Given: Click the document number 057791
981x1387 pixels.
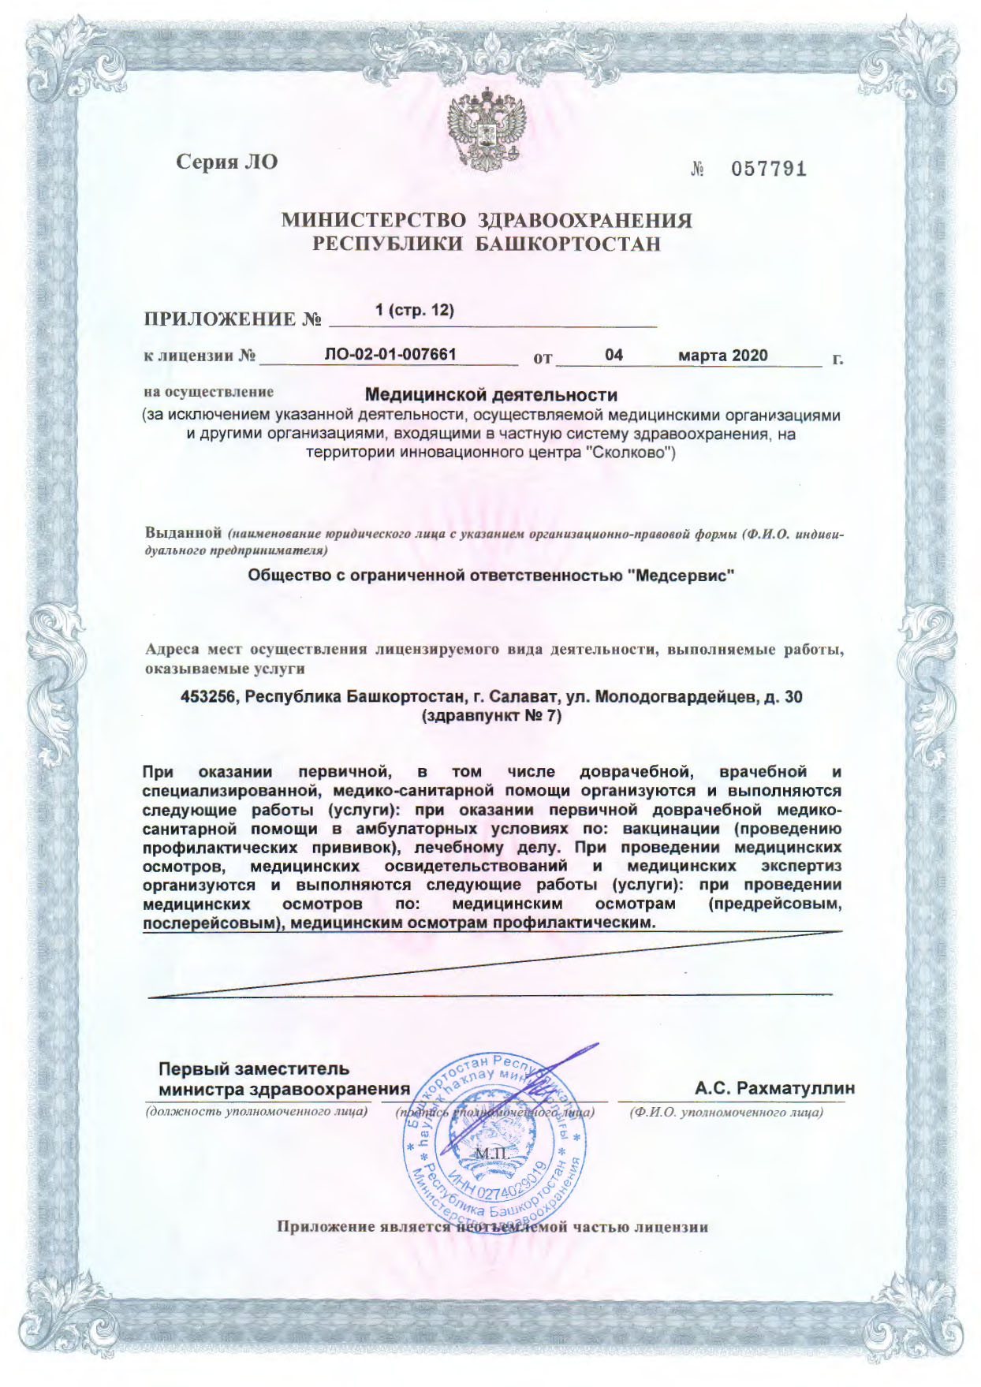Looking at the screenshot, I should tap(768, 169).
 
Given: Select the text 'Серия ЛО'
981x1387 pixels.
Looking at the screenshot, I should tap(226, 162).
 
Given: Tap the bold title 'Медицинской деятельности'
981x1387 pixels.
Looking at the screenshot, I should tap(491, 393).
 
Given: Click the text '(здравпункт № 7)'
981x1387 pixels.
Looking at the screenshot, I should tap(491, 717).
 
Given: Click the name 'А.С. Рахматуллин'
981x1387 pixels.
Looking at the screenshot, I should tap(774, 1088).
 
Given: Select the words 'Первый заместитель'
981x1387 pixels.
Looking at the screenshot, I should tap(254, 1069).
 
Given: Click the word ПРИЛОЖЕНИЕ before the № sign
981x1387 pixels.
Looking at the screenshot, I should tap(218, 319).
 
